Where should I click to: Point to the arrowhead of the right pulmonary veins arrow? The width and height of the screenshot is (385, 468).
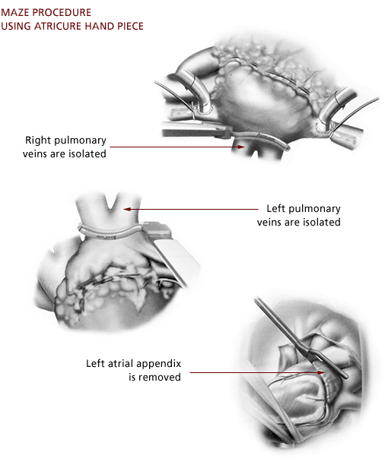pyautogui.click(x=241, y=147)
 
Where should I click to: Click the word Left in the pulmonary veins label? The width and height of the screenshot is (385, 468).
pyautogui.click(x=275, y=208)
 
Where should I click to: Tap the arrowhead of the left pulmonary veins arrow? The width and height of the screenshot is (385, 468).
pyautogui.click(x=127, y=209)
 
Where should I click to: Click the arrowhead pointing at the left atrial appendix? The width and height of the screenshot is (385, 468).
pyautogui.click(x=321, y=372)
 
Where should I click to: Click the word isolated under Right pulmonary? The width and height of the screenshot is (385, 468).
pyautogui.click(x=87, y=153)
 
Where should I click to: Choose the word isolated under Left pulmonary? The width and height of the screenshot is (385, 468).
pyautogui.click(x=322, y=222)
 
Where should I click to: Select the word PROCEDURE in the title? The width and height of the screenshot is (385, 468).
pyautogui.click(x=65, y=12)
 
